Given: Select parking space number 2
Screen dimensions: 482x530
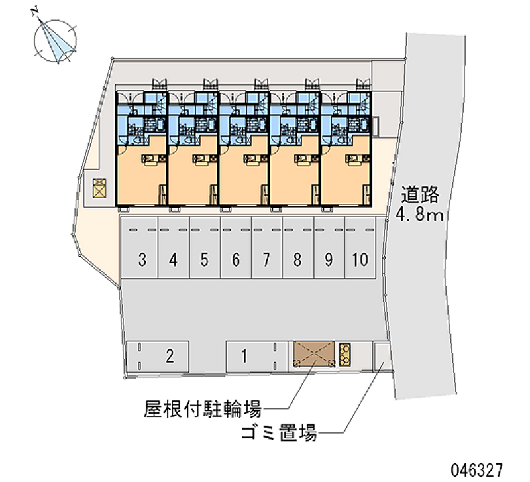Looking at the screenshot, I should tap(170, 357).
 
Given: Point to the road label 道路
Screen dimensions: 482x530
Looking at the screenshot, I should tap(420, 195).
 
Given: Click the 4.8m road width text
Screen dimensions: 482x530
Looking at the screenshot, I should tap(420, 214).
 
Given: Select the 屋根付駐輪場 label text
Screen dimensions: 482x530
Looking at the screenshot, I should tap(203, 406).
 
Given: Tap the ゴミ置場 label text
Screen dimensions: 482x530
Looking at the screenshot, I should tap(279, 435).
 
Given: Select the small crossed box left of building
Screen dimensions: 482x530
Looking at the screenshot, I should tap(99, 188).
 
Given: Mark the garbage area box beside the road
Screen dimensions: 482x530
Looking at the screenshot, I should tap(381, 357).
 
